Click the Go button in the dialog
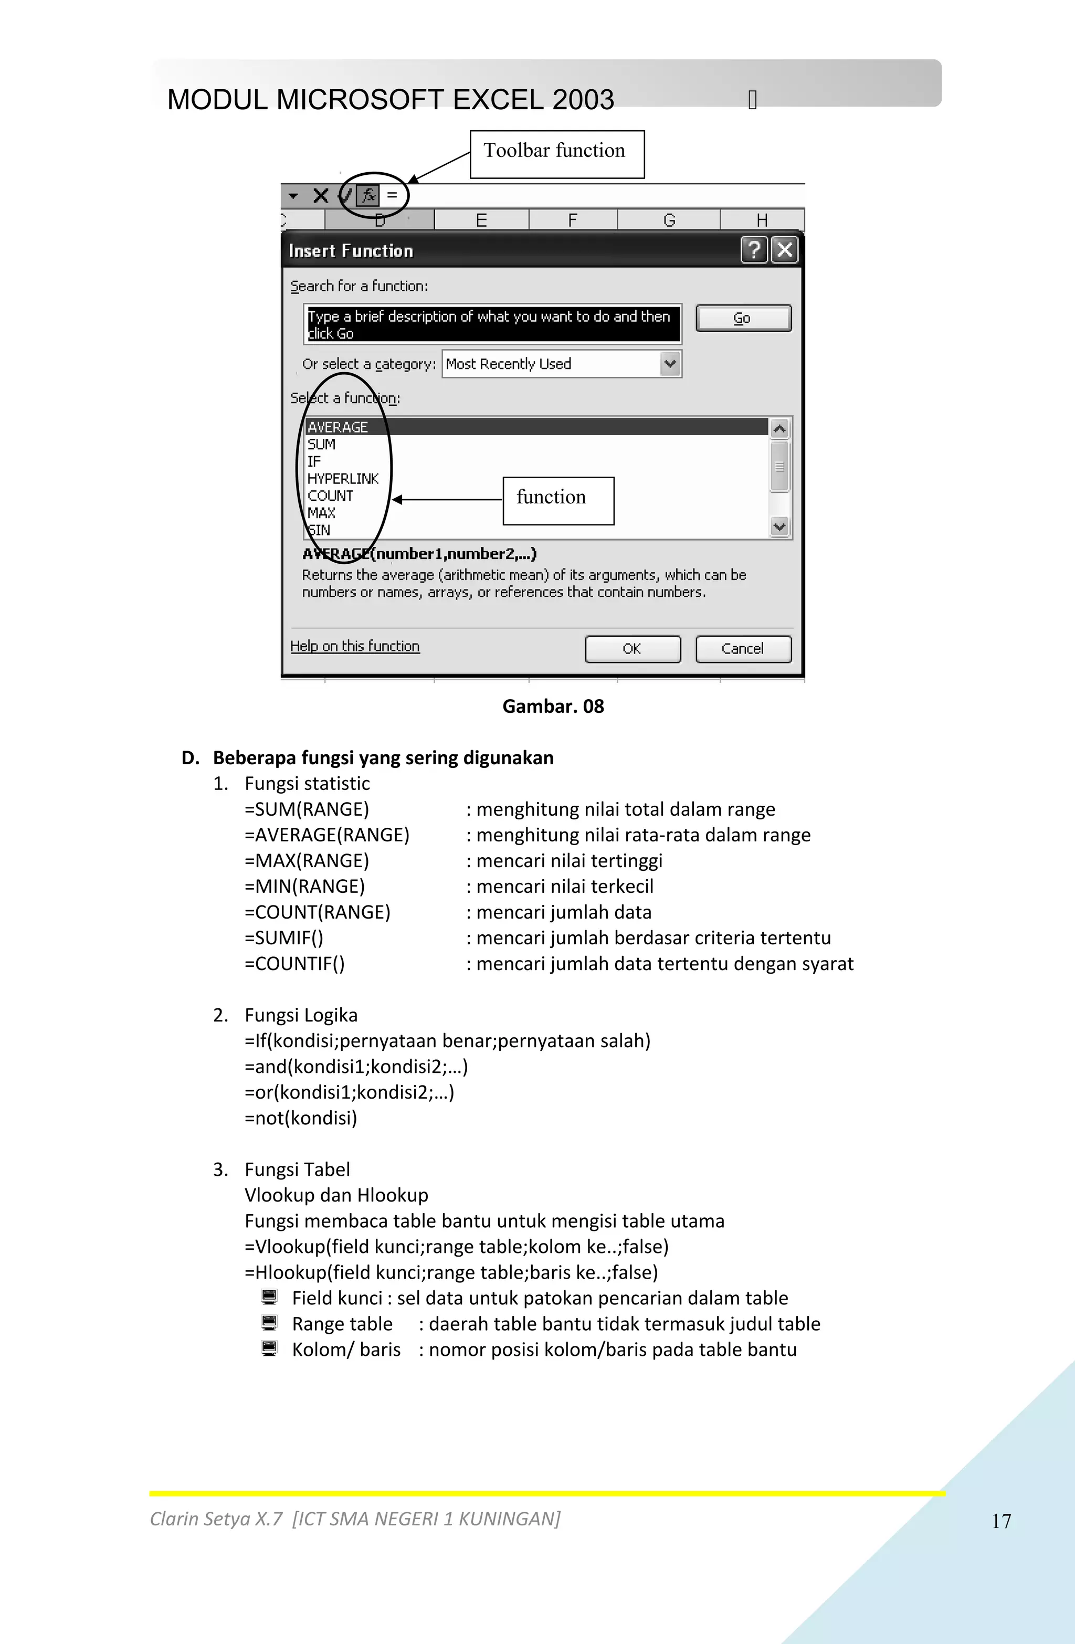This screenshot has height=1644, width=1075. (x=743, y=319)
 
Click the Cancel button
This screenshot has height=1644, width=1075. (x=743, y=649)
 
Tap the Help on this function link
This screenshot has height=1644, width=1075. (x=354, y=646)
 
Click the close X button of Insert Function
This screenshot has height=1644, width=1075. (x=784, y=250)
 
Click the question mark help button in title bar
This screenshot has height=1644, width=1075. (x=754, y=250)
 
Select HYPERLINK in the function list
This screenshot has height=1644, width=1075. (x=343, y=479)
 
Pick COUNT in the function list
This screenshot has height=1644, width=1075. (x=330, y=496)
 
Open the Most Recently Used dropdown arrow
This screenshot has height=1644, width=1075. (x=669, y=364)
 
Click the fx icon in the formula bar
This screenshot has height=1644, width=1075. (x=368, y=195)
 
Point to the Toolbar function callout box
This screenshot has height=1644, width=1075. (x=557, y=154)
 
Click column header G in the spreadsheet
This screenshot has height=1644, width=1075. (x=669, y=220)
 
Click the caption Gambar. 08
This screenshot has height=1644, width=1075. (x=553, y=706)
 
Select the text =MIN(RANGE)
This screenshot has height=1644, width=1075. (x=304, y=886)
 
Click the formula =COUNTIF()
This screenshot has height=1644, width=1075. (x=294, y=964)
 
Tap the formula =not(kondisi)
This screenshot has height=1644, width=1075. (x=301, y=1118)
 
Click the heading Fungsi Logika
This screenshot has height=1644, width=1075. (x=301, y=1015)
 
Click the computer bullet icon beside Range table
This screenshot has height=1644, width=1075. (x=269, y=1323)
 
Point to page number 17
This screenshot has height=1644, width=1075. (x=1001, y=1521)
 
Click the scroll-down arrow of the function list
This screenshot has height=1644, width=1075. (x=779, y=527)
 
